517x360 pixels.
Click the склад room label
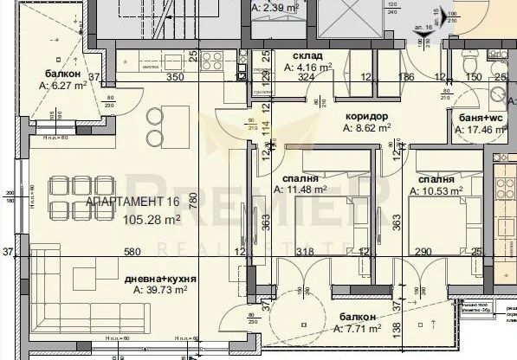tap(298, 53)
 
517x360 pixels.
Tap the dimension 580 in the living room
tap(132, 253)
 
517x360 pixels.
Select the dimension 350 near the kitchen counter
tap(176, 77)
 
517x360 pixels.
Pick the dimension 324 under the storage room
tap(305, 77)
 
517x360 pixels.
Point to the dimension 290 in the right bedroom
tap(423, 253)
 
